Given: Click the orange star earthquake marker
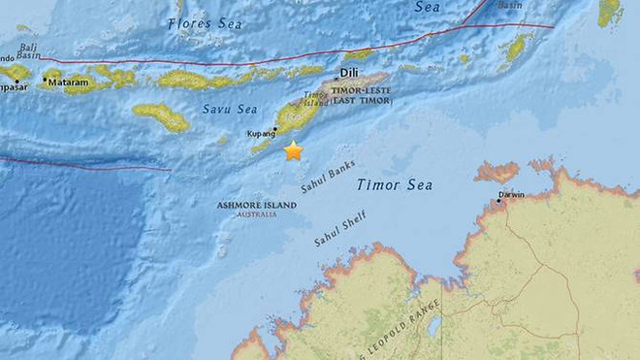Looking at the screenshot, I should [293, 150].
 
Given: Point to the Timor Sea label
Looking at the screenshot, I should [394, 184].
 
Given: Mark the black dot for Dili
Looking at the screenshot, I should [336, 77].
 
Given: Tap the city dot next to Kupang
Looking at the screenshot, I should [276, 128].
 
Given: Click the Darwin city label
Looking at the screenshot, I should [511, 195].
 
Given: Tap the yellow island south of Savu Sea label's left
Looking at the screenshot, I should [161, 116].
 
